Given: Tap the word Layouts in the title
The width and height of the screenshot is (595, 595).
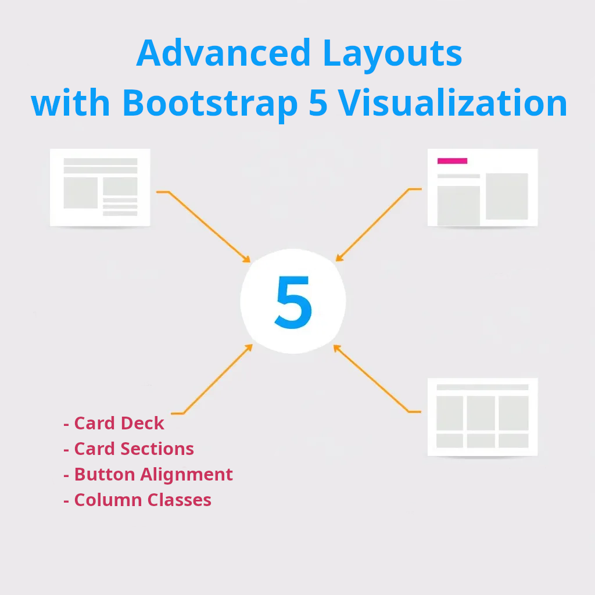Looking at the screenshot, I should [x=392, y=53].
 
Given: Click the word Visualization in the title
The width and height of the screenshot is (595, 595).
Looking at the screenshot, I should [x=453, y=103].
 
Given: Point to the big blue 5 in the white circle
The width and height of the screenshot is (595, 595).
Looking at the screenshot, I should [x=293, y=302].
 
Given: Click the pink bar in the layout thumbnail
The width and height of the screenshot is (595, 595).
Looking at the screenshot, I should [x=452, y=161].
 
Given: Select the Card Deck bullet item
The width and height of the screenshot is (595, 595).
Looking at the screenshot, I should [x=114, y=424].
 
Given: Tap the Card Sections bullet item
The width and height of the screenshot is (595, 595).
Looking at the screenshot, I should [x=128, y=449].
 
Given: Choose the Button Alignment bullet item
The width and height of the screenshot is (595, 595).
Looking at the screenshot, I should [x=148, y=475].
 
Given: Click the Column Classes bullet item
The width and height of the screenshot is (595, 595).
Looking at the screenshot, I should [x=137, y=500].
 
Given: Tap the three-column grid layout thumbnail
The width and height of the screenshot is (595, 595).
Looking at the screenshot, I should [x=482, y=417].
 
